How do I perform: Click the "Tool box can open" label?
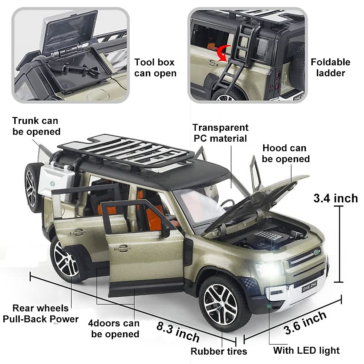[x=155, y=68]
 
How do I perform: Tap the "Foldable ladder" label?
[x=330, y=67]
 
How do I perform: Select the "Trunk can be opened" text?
[x=36, y=126]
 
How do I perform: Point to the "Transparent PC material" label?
[x=220, y=133]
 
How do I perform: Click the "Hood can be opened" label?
[x=285, y=153]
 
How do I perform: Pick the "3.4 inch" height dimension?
[x=335, y=198]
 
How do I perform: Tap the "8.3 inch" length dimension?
[x=178, y=331]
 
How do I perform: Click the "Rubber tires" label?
[x=219, y=351]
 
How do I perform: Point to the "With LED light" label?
[x=306, y=350]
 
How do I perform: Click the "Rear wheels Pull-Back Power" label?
[x=40, y=314]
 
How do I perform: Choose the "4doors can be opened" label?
[x=114, y=329]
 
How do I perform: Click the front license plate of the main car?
[x=309, y=286]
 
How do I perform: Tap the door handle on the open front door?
[x=122, y=249]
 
